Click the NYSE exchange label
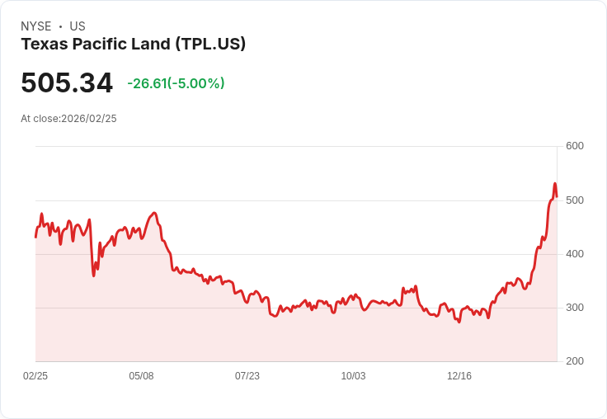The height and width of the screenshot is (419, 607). tap(36, 26)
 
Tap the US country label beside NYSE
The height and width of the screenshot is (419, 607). tap(78, 26)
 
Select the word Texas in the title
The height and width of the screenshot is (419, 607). tap(42, 44)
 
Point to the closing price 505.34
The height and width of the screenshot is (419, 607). tap(67, 83)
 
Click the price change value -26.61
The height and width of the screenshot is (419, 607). tap(147, 83)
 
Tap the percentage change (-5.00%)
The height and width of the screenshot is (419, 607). tap(196, 83)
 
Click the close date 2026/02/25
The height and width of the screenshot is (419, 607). tap(89, 119)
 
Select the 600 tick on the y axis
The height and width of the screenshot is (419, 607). tap(574, 146)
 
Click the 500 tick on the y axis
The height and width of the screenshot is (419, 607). tap(574, 200)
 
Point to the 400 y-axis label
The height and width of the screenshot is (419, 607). tap(574, 254)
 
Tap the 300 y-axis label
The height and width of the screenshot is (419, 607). tap(574, 308)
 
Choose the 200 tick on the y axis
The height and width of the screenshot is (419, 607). tap(574, 361)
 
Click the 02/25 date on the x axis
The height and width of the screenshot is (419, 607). tap(35, 376)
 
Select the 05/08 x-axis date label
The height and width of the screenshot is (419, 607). tap(141, 376)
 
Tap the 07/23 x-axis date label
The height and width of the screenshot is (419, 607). tap(247, 376)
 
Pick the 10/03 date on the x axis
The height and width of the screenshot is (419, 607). tap(353, 376)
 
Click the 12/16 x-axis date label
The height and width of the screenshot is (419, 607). tap(459, 376)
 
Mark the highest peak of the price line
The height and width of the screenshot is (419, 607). tap(555, 184)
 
